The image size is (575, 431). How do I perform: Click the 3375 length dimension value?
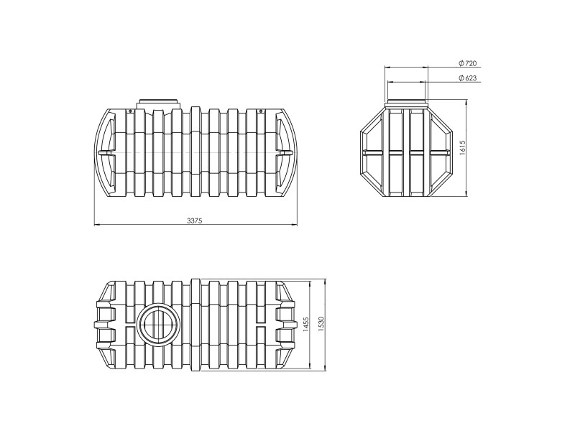pos(194,221)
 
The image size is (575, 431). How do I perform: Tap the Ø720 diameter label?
pos(468,63)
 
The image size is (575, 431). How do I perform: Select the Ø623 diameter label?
pos(468,78)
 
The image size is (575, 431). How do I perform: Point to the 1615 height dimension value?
pos(462,148)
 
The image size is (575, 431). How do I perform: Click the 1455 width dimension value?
pos(307,325)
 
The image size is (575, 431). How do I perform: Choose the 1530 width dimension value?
pos(321,325)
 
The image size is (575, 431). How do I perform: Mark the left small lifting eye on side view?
pos(129,111)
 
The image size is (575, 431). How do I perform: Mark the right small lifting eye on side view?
pos(261,111)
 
